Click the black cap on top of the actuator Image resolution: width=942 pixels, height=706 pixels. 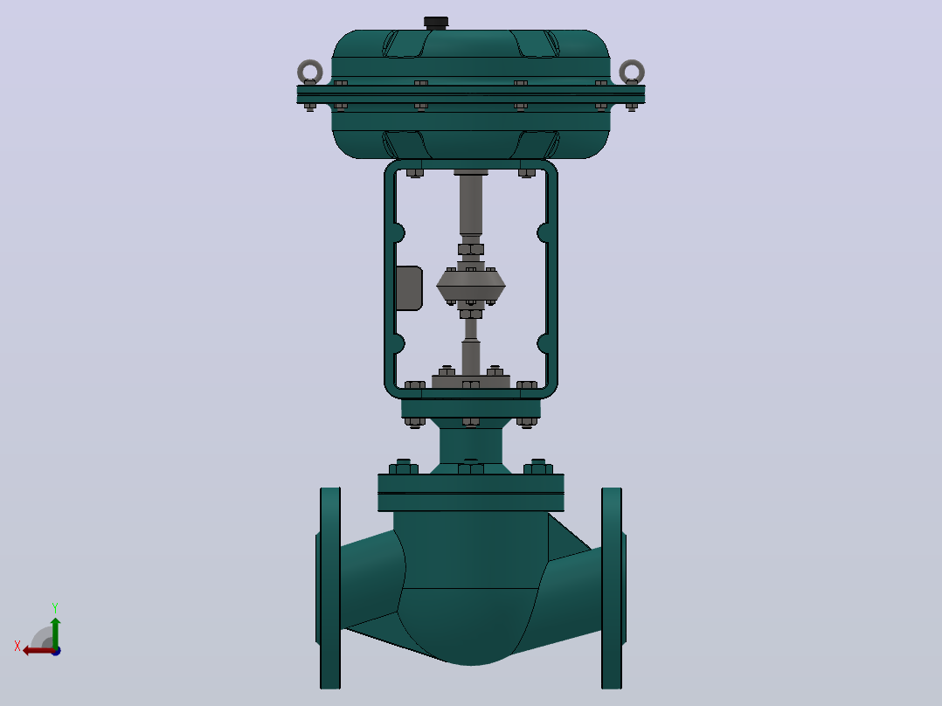click(436, 23)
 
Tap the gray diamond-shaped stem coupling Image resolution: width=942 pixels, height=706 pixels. click(471, 286)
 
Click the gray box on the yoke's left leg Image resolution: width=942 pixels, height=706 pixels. click(409, 288)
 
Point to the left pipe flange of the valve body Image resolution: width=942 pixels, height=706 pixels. click(329, 588)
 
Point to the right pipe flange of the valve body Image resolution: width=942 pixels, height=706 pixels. click(613, 588)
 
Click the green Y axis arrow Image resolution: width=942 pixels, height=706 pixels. click(55, 632)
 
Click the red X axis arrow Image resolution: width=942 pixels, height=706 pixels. click(39, 651)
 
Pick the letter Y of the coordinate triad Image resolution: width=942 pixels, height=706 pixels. click(55, 608)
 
